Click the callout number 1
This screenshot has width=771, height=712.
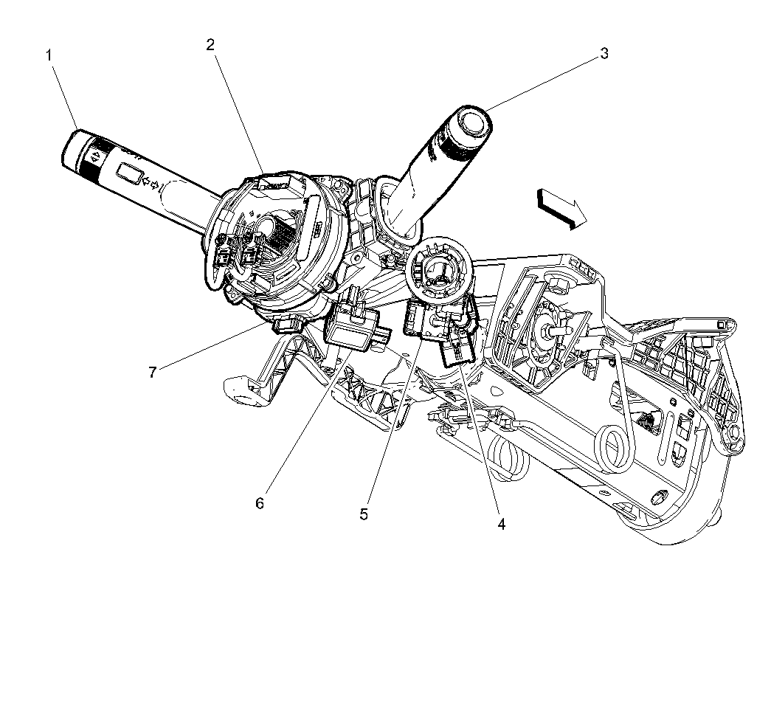click(x=50, y=55)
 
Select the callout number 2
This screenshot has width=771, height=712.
click(x=210, y=44)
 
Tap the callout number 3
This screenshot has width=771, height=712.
click(x=604, y=53)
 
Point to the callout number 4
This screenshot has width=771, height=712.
click(x=501, y=525)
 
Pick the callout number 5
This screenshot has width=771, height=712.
click(x=364, y=514)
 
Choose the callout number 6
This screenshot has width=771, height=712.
click(x=259, y=503)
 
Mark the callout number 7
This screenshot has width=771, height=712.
click(x=152, y=372)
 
